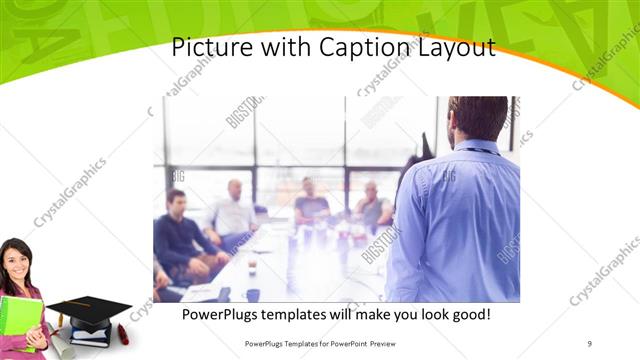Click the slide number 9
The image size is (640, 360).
point(590,343)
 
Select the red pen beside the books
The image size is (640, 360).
point(123,334)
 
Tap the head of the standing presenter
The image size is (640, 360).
point(478,119)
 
